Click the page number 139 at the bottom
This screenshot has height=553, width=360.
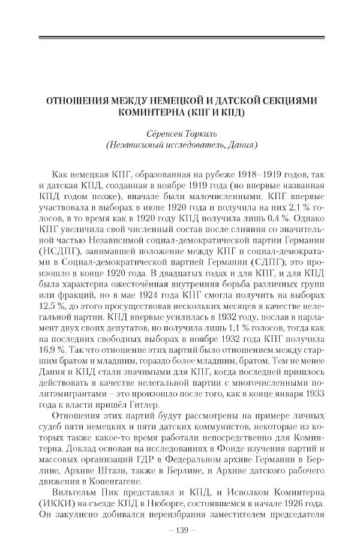[180, 531]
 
